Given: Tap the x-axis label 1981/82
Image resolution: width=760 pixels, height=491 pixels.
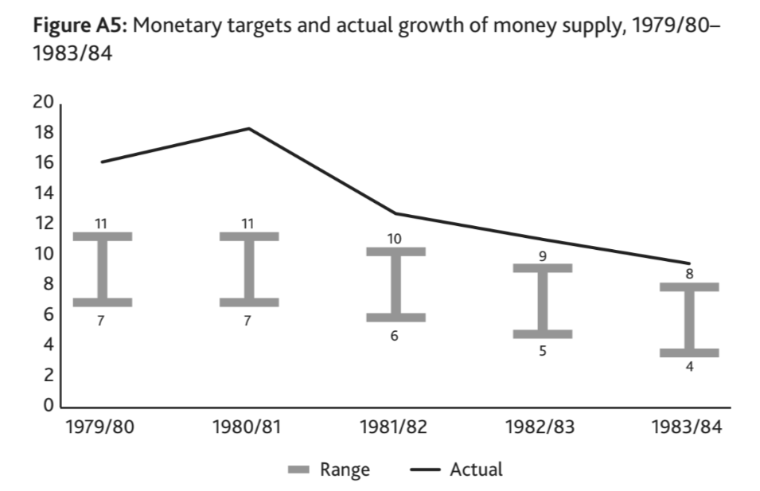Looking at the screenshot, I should (x=395, y=427).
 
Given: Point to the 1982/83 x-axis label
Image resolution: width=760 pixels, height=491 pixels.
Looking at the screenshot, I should (x=542, y=427).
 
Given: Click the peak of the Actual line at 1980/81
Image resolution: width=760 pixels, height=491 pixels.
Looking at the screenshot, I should (x=248, y=128).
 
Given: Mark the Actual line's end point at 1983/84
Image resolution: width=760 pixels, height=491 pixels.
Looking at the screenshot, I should (x=689, y=263).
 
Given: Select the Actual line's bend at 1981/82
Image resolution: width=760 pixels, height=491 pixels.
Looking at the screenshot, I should (x=396, y=213).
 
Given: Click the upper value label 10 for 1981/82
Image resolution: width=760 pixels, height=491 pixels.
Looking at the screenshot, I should (x=395, y=239).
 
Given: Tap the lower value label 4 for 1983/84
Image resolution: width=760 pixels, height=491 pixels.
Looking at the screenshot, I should (x=689, y=367).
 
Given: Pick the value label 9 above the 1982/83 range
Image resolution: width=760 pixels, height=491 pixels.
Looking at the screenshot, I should (x=542, y=255).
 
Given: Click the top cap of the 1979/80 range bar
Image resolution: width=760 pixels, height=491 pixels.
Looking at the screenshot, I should (x=101, y=236).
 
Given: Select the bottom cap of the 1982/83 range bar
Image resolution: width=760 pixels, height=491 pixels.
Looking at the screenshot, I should (x=542, y=333).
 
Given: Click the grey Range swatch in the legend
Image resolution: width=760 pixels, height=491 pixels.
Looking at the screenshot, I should (x=298, y=470).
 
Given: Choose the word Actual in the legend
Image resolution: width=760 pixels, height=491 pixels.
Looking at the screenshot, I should (x=476, y=470).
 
